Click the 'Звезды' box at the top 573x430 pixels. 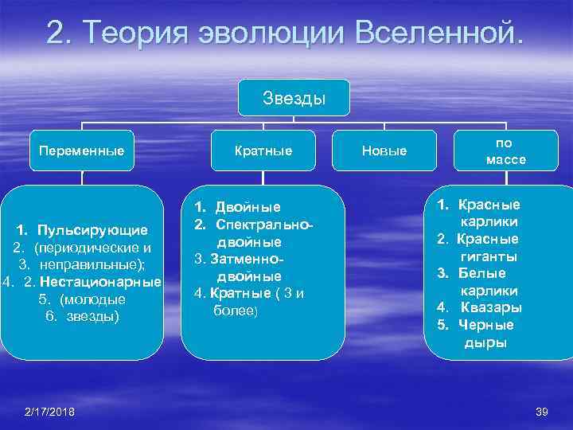tap(294, 99)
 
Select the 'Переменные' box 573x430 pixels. tap(81, 150)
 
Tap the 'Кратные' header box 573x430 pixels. tap(263, 150)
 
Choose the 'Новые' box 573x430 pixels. tap(384, 150)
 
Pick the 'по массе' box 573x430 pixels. tap(506, 150)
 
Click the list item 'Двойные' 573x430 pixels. tap(250, 207)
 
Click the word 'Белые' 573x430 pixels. tap(482, 273)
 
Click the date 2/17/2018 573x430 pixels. tap(50, 411)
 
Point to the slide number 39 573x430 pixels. tap(544, 411)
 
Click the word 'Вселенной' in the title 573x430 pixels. tap(438, 33)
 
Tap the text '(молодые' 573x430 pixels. tap(94, 299)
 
